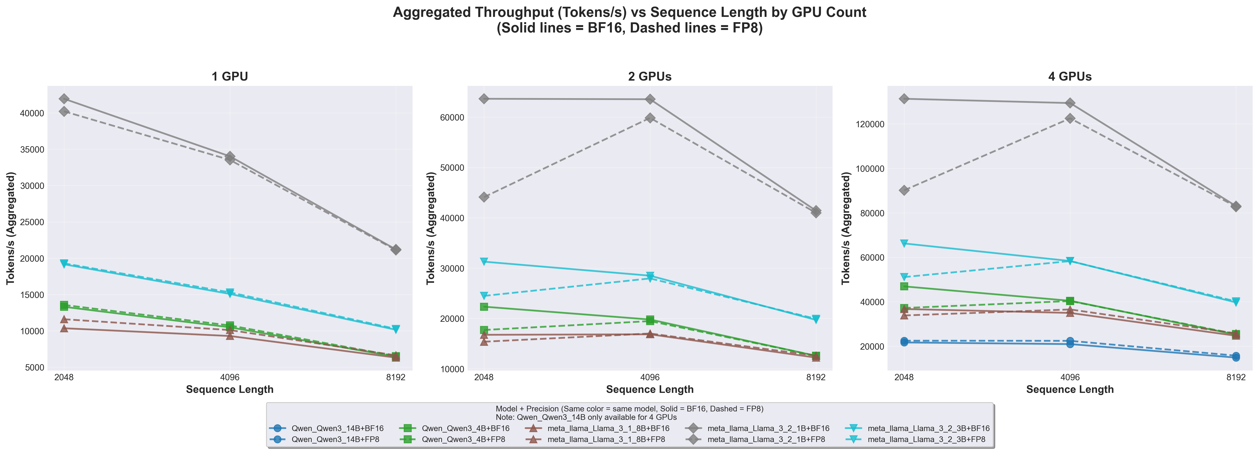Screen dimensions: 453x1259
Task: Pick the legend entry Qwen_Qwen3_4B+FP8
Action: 463,439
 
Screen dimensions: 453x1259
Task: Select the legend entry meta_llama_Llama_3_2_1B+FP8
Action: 766,439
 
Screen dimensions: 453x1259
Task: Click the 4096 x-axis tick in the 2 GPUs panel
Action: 650,378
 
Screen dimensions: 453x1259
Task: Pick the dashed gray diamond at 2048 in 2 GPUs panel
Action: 484,197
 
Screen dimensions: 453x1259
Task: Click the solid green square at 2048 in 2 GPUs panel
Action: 484,307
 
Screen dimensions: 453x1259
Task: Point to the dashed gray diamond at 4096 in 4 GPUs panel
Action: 1070,118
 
